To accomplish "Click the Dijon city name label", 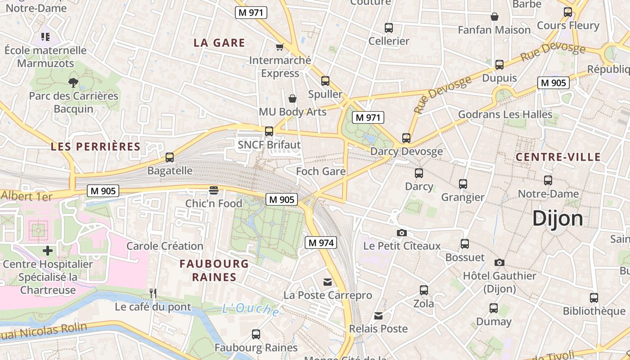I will (x=558, y=219).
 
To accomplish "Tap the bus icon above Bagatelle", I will (x=170, y=157).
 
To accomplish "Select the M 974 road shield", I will (x=321, y=243).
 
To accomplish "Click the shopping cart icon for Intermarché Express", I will (x=280, y=47).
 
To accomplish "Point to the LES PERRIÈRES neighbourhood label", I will (x=95, y=147).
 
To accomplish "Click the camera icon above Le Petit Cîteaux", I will (x=402, y=233).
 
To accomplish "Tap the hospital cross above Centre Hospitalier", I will (x=48, y=251).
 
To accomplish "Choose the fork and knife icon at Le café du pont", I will (x=153, y=293).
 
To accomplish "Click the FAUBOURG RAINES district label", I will (x=214, y=270).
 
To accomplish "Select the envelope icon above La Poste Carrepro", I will (x=328, y=282).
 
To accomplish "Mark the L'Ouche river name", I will (x=250, y=309).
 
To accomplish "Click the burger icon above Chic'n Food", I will (x=214, y=190).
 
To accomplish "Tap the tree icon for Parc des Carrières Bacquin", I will (x=73, y=82).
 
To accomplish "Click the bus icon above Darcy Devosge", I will (x=406, y=138).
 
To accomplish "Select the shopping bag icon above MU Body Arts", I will (x=292, y=98).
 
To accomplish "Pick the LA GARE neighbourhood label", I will (x=219, y=43).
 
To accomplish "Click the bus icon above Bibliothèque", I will (x=594, y=297).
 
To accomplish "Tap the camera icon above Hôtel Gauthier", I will (x=499, y=262).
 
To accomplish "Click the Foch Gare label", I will (x=321, y=171).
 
